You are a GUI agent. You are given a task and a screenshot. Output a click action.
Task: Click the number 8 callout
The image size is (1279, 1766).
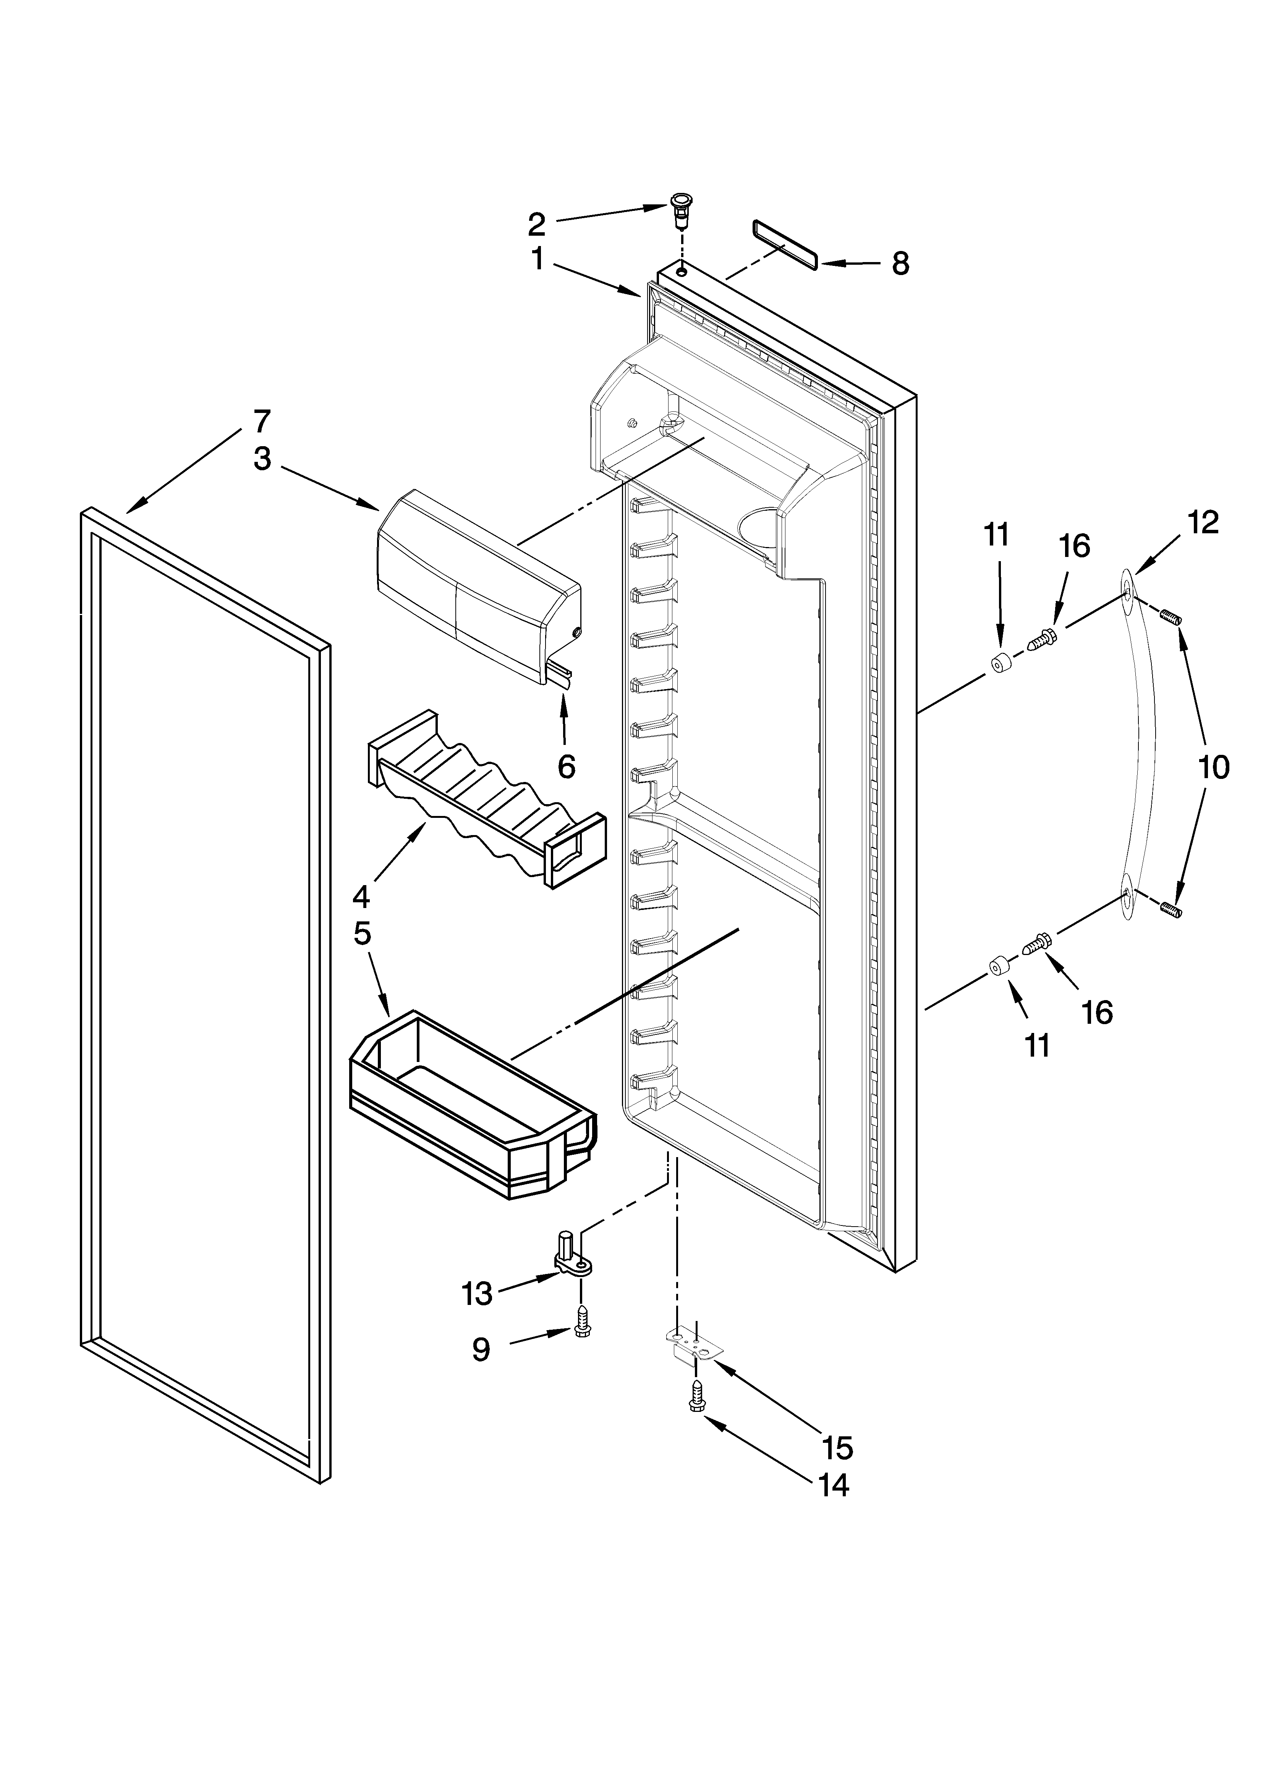(x=900, y=264)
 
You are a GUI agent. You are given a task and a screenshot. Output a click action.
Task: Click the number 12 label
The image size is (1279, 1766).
(x=1203, y=523)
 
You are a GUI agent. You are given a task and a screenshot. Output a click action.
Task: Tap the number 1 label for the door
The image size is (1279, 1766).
(x=538, y=259)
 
